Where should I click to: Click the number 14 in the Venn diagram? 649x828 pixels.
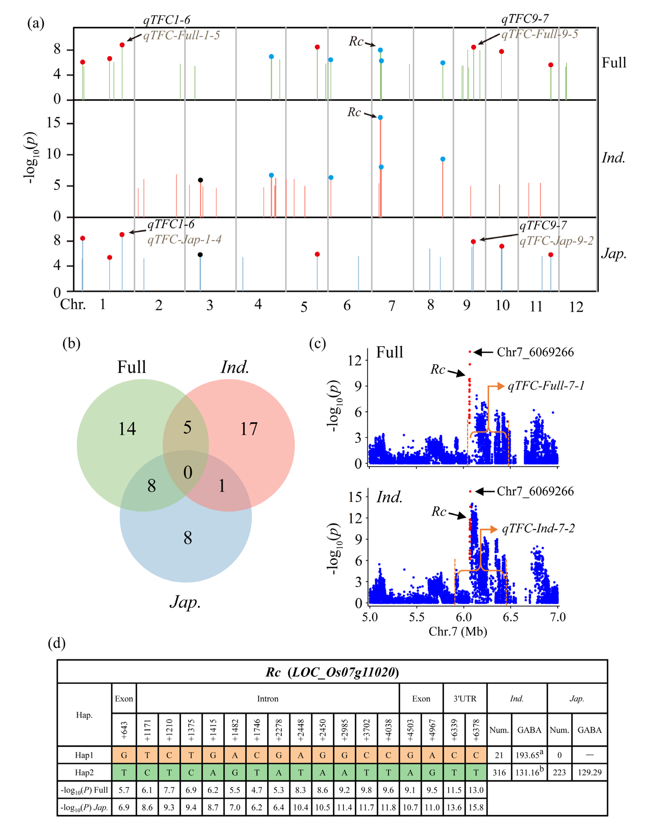(127, 429)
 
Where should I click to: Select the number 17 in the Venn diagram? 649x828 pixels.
(249, 429)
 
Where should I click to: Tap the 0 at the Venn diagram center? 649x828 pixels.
(188, 473)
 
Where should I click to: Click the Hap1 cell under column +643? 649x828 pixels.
(124, 755)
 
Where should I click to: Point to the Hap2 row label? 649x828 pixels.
(84, 773)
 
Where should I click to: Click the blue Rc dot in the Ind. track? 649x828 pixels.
(380, 117)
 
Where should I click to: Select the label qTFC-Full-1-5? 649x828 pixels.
(181, 35)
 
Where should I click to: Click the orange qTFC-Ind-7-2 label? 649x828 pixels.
(538, 528)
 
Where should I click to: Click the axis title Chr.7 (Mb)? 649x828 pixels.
(458, 631)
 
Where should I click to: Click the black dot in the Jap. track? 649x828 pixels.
(200, 255)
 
